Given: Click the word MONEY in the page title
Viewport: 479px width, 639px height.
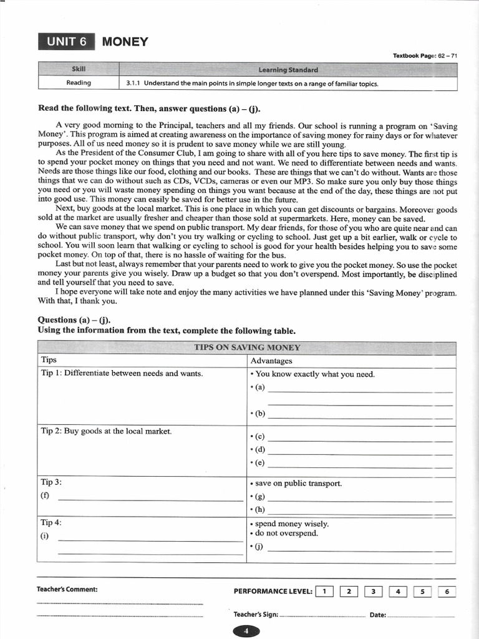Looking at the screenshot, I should pos(125,42).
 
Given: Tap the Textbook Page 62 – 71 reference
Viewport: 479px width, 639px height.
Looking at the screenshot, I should pos(425,56).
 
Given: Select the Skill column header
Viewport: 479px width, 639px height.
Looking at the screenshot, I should pos(79,69).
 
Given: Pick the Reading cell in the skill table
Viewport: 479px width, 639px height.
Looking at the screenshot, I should pos(79,83).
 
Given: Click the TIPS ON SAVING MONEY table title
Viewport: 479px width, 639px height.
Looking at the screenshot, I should pos(247,348).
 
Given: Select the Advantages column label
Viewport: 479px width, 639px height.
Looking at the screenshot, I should pos(271,361).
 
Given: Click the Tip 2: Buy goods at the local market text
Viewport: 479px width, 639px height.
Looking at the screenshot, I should pos(106,431).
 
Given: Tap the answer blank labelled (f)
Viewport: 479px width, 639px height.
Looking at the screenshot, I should pos(150,499).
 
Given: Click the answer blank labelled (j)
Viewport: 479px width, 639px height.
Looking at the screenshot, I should pos(359,550).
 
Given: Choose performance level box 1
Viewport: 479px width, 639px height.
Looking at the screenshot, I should pos(324,591).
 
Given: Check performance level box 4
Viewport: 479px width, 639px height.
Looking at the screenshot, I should pos(398,591).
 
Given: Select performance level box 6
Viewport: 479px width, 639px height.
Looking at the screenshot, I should pos(447,591).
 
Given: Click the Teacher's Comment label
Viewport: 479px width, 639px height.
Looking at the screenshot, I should pos(67,589).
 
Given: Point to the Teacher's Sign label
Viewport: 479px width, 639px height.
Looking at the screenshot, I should pos(256,615).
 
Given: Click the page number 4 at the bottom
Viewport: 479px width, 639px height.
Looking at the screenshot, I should pos(246,631).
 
